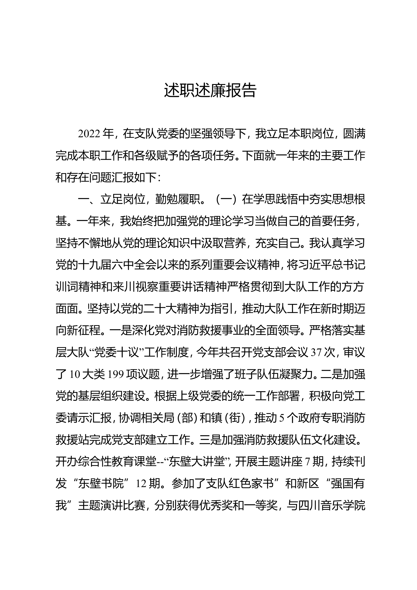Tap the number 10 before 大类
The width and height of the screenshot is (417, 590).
click(x=75, y=375)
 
